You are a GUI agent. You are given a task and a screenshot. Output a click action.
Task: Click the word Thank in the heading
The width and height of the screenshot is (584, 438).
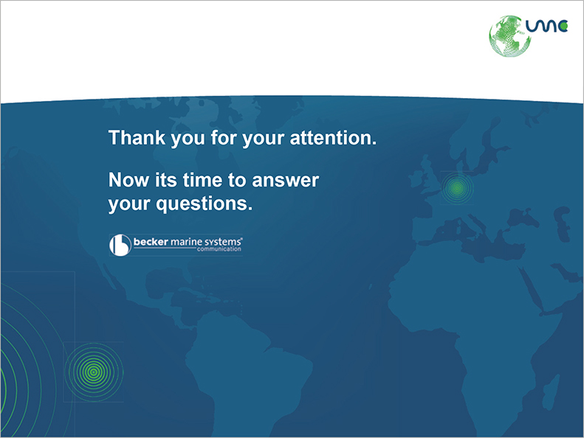[x=137, y=138]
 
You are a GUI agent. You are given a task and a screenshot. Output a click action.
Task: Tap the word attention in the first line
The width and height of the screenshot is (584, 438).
[x=333, y=138]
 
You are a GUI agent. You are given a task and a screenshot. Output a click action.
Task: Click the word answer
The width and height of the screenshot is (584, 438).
[x=285, y=181]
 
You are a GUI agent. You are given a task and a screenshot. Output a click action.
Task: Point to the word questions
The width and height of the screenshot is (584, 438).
[x=204, y=204]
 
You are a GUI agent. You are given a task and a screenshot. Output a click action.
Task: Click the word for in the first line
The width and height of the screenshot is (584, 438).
[x=224, y=138]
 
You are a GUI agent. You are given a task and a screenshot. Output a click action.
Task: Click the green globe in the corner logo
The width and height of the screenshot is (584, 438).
[x=509, y=36]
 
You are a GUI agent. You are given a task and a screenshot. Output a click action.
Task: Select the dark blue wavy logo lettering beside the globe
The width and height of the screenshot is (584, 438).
[x=546, y=26]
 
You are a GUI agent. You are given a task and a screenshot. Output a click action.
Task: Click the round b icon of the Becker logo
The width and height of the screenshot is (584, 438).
[x=120, y=245]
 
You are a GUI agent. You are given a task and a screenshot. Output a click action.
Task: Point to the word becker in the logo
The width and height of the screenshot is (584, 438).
[x=151, y=242]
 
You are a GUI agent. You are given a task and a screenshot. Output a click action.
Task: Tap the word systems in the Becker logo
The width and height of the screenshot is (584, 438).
[x=223, y=242]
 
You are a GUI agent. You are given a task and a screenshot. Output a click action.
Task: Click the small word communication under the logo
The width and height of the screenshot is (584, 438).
[x=219, y=249]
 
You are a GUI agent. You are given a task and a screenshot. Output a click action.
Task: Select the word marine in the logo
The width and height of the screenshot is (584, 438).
[x=186, y=242]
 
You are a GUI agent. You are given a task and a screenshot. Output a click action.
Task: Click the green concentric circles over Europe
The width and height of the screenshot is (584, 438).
[x=457, y=188]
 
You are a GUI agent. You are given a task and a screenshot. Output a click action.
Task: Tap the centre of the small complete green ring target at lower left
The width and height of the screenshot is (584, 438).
[x=94, y=372]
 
